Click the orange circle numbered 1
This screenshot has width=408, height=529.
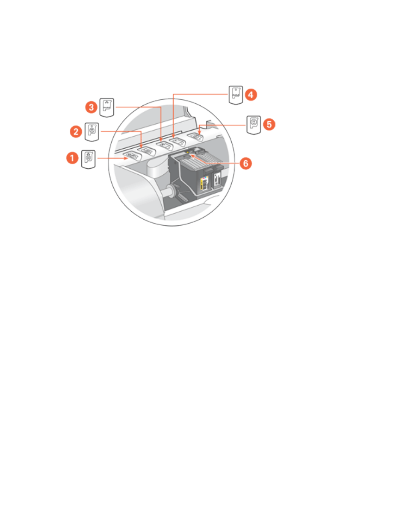72,158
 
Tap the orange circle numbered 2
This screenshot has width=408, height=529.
76,131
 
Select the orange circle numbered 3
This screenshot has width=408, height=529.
91,107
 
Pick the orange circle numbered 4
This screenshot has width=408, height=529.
251,94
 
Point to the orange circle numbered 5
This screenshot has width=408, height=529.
269,125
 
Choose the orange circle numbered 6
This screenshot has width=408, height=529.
245,163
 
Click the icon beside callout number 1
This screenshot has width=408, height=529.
89,159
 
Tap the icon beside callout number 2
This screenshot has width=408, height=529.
92,132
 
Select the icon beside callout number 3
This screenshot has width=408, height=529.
107,107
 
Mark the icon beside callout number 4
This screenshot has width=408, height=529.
236,95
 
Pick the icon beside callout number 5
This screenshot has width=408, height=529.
254,125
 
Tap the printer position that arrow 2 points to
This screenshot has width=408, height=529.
145,150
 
